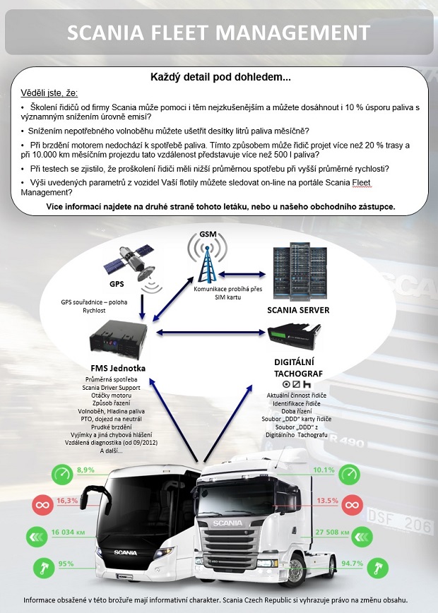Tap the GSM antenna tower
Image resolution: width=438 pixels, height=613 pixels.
click(207, 261)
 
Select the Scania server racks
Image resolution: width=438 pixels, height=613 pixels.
click(300, 271)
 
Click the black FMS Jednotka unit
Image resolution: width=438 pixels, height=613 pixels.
click(118, 339)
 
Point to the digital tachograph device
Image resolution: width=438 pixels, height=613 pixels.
click(294, 336)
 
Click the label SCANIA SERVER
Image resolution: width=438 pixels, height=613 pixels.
click(298, 310)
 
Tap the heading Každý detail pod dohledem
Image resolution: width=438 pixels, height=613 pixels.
click(220, 77)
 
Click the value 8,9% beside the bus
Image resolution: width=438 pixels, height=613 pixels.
click(85, 470)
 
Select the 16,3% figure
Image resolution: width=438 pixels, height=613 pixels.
click(67, 501)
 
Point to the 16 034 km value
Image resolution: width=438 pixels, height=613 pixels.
click(68, 532)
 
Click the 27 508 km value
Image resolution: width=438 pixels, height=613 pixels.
click(333, 532)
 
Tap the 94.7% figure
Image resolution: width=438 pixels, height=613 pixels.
click(353, 564)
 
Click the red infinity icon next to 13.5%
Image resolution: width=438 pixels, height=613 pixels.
click(352, 505)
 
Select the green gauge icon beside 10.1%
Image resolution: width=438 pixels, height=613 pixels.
click(349, 475)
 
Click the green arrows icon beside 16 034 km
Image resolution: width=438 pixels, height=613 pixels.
click(37, 537)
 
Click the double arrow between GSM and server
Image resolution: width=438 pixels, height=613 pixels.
click(242, 274)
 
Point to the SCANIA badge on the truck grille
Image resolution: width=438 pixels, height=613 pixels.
click(227, 523)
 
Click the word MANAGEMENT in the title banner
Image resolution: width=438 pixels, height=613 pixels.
click(296, 32)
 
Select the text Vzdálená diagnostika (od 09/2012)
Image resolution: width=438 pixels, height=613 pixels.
click(111, 443)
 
